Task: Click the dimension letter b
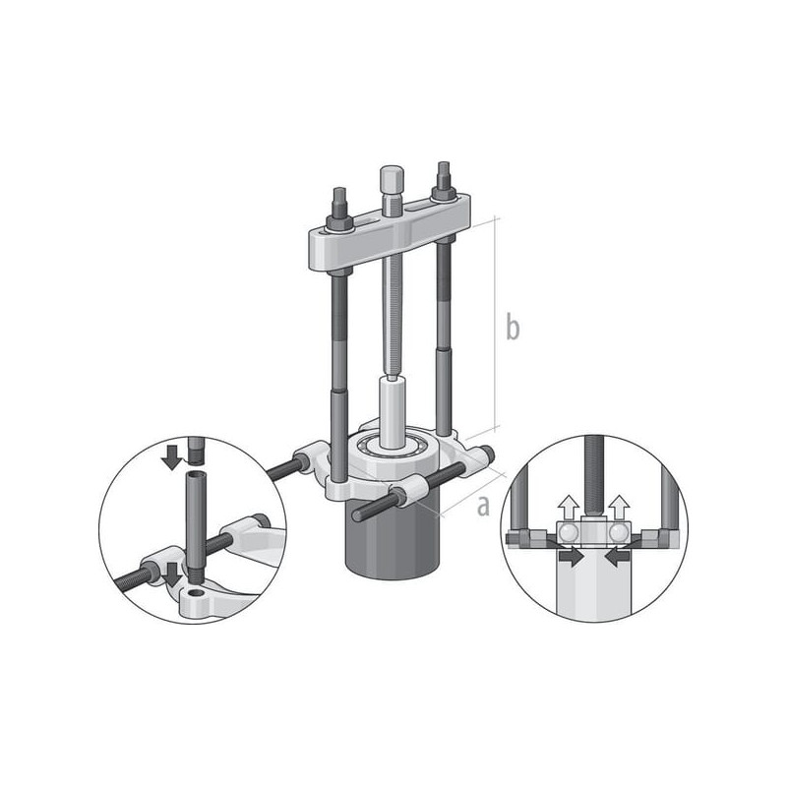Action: click(x=513, y=327)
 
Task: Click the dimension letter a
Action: click(x=483, y=506)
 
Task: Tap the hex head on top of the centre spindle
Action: click(x=392, y=178)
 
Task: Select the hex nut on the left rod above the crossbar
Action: click(x=338, y=219)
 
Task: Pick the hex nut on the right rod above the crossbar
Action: click(x=444, y=191)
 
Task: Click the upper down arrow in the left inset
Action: click(x=172, y=456)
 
